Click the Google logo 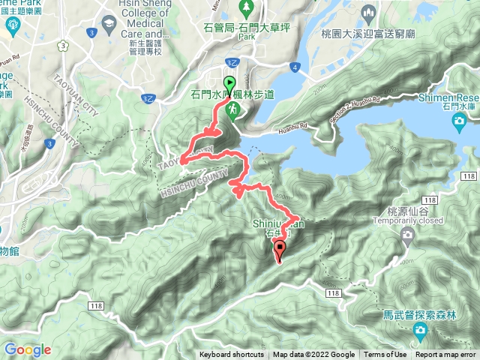(27, 349)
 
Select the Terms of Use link (385, 355)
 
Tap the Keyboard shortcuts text (232, 355)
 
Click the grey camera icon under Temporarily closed (407, 235)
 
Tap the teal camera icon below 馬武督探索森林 (418, 331)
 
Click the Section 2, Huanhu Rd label (352, 109)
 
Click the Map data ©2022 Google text (313, 355)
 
